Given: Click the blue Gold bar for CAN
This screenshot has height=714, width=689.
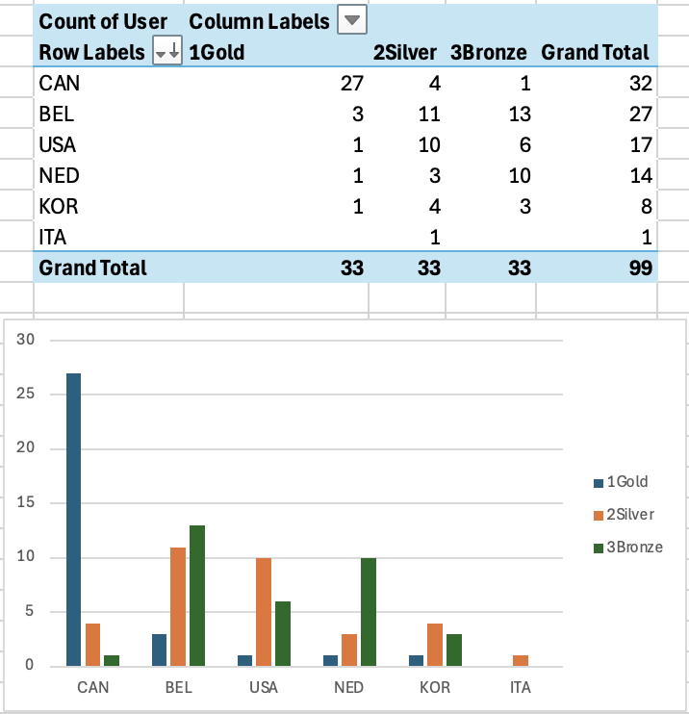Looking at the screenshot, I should (x=73, y=519).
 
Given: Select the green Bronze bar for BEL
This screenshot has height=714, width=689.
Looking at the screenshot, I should (x=197, y=595).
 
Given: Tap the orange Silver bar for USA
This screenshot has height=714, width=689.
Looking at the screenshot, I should (x=264, y=611).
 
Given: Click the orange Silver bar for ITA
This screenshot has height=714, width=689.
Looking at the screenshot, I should (x=521, y=660).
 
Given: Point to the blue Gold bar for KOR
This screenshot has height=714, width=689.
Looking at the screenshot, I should (x=416, y=660).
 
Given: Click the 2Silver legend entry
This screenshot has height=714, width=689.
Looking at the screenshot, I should (x=626, y=515).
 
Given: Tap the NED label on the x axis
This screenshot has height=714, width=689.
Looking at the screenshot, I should (x=349, y=688).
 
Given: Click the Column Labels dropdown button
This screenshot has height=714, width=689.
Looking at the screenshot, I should (x=353, y=20).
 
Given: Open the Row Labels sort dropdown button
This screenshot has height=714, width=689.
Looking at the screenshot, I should (x=167, y=52).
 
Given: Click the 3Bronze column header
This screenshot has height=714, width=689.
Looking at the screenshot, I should (x=488, y=52).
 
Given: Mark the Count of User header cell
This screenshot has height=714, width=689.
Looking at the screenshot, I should (x=103, y=21).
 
